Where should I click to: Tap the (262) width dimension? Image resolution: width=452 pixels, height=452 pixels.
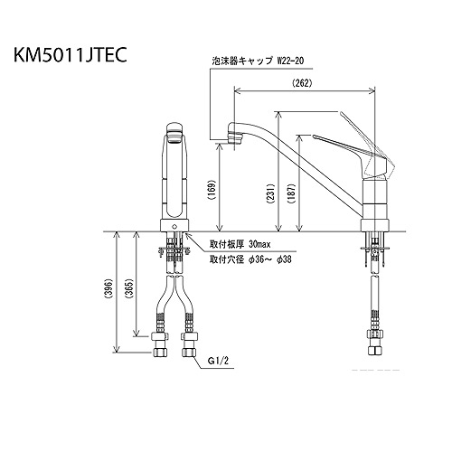(303, 83)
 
